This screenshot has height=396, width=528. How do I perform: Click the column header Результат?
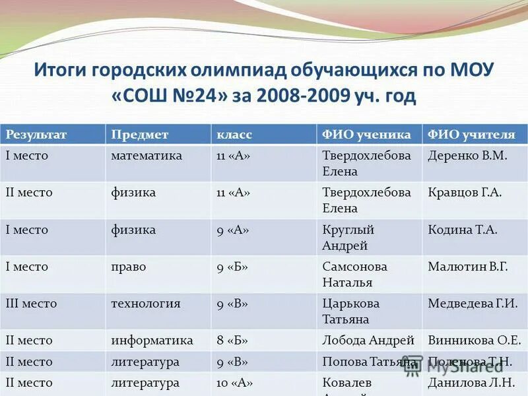click(x=36, y=135)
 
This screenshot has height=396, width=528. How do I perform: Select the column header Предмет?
click(x=140, y=135)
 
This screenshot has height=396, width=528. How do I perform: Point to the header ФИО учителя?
click(x=471, y=135)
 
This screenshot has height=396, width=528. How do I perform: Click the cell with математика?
click(x=147, y=156)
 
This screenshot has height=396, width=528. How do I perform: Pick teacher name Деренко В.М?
click(x=467, y=156)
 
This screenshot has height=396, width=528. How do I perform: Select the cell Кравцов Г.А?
click(x=465, y=193)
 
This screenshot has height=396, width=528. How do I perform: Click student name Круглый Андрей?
click(x=348, y=238)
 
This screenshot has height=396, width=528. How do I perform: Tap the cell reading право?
click(x=129, y=267)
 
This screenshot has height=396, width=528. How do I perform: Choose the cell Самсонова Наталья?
click(x=354, y=275)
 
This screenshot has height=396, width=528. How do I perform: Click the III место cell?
click(x=31, y=304)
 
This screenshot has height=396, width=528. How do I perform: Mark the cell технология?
click(x=146, y=304)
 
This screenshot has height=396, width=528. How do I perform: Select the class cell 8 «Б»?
click(x=232, y=341)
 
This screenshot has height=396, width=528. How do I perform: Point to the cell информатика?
click(x=152, y=341)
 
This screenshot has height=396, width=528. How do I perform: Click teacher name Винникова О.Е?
click(x=475, y=341)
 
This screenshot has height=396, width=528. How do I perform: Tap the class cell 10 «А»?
click(x=235, y=382)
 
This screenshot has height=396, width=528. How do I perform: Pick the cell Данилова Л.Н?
click(x=471, y=382)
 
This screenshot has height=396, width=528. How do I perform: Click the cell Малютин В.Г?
click(x=468, y=267)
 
